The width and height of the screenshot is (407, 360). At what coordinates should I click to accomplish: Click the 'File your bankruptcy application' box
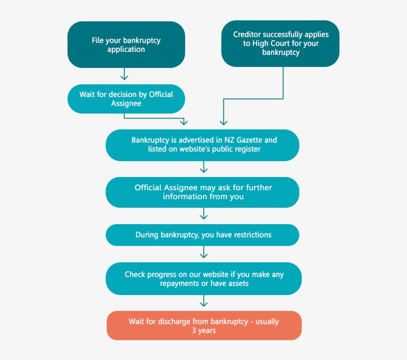coord(126,45)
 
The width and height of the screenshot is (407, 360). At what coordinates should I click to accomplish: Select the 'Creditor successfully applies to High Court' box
coord(280,43)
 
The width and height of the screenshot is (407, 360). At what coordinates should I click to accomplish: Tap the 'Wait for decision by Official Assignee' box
coord(126,99)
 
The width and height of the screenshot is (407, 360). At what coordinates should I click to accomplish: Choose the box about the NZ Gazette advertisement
coord(203,145)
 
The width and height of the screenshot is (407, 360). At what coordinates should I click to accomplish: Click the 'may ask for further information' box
coord(203,192)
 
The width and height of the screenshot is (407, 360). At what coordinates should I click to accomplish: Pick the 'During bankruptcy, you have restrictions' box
coord(203,235)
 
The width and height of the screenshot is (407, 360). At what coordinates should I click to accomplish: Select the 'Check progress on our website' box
coord(203,279)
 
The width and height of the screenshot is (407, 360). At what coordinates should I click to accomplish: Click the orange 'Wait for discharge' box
coord(203,325)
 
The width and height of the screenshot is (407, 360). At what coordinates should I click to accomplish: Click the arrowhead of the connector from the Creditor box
coord(223,121)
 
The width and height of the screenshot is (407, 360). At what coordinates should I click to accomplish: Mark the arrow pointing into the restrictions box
coord(203,214)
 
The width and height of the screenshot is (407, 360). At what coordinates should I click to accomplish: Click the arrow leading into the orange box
coord(203,301)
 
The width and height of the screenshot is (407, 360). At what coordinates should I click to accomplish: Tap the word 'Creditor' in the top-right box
coord(247,34)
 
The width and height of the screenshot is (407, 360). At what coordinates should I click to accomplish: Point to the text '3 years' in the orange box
coord(204,330)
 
